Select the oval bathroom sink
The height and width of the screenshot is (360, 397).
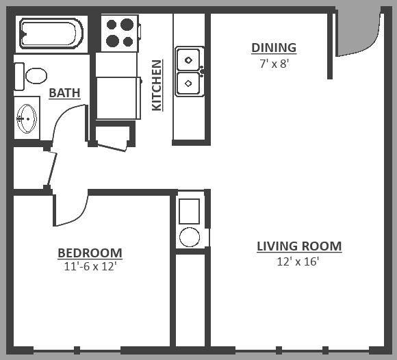pos(27,118)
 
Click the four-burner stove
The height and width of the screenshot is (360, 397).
pos(119,33)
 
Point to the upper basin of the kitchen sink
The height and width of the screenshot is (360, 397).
pos(188,60)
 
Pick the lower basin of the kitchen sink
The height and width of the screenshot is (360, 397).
pos(188,83)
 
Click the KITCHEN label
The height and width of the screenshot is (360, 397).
pos(157,86)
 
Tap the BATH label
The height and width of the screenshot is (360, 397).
pos(64,93)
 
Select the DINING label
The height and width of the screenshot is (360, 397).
pos(274,48)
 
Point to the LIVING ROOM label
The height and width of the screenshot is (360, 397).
pos(299,246)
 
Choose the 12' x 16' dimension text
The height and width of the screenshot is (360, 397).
pos(299,261)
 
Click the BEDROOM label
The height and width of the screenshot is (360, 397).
pos(90,253)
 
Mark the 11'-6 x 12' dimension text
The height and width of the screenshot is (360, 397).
pos(90,267)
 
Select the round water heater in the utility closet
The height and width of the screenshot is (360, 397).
pos(189,237)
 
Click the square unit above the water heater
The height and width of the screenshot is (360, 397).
pos(189,211)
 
